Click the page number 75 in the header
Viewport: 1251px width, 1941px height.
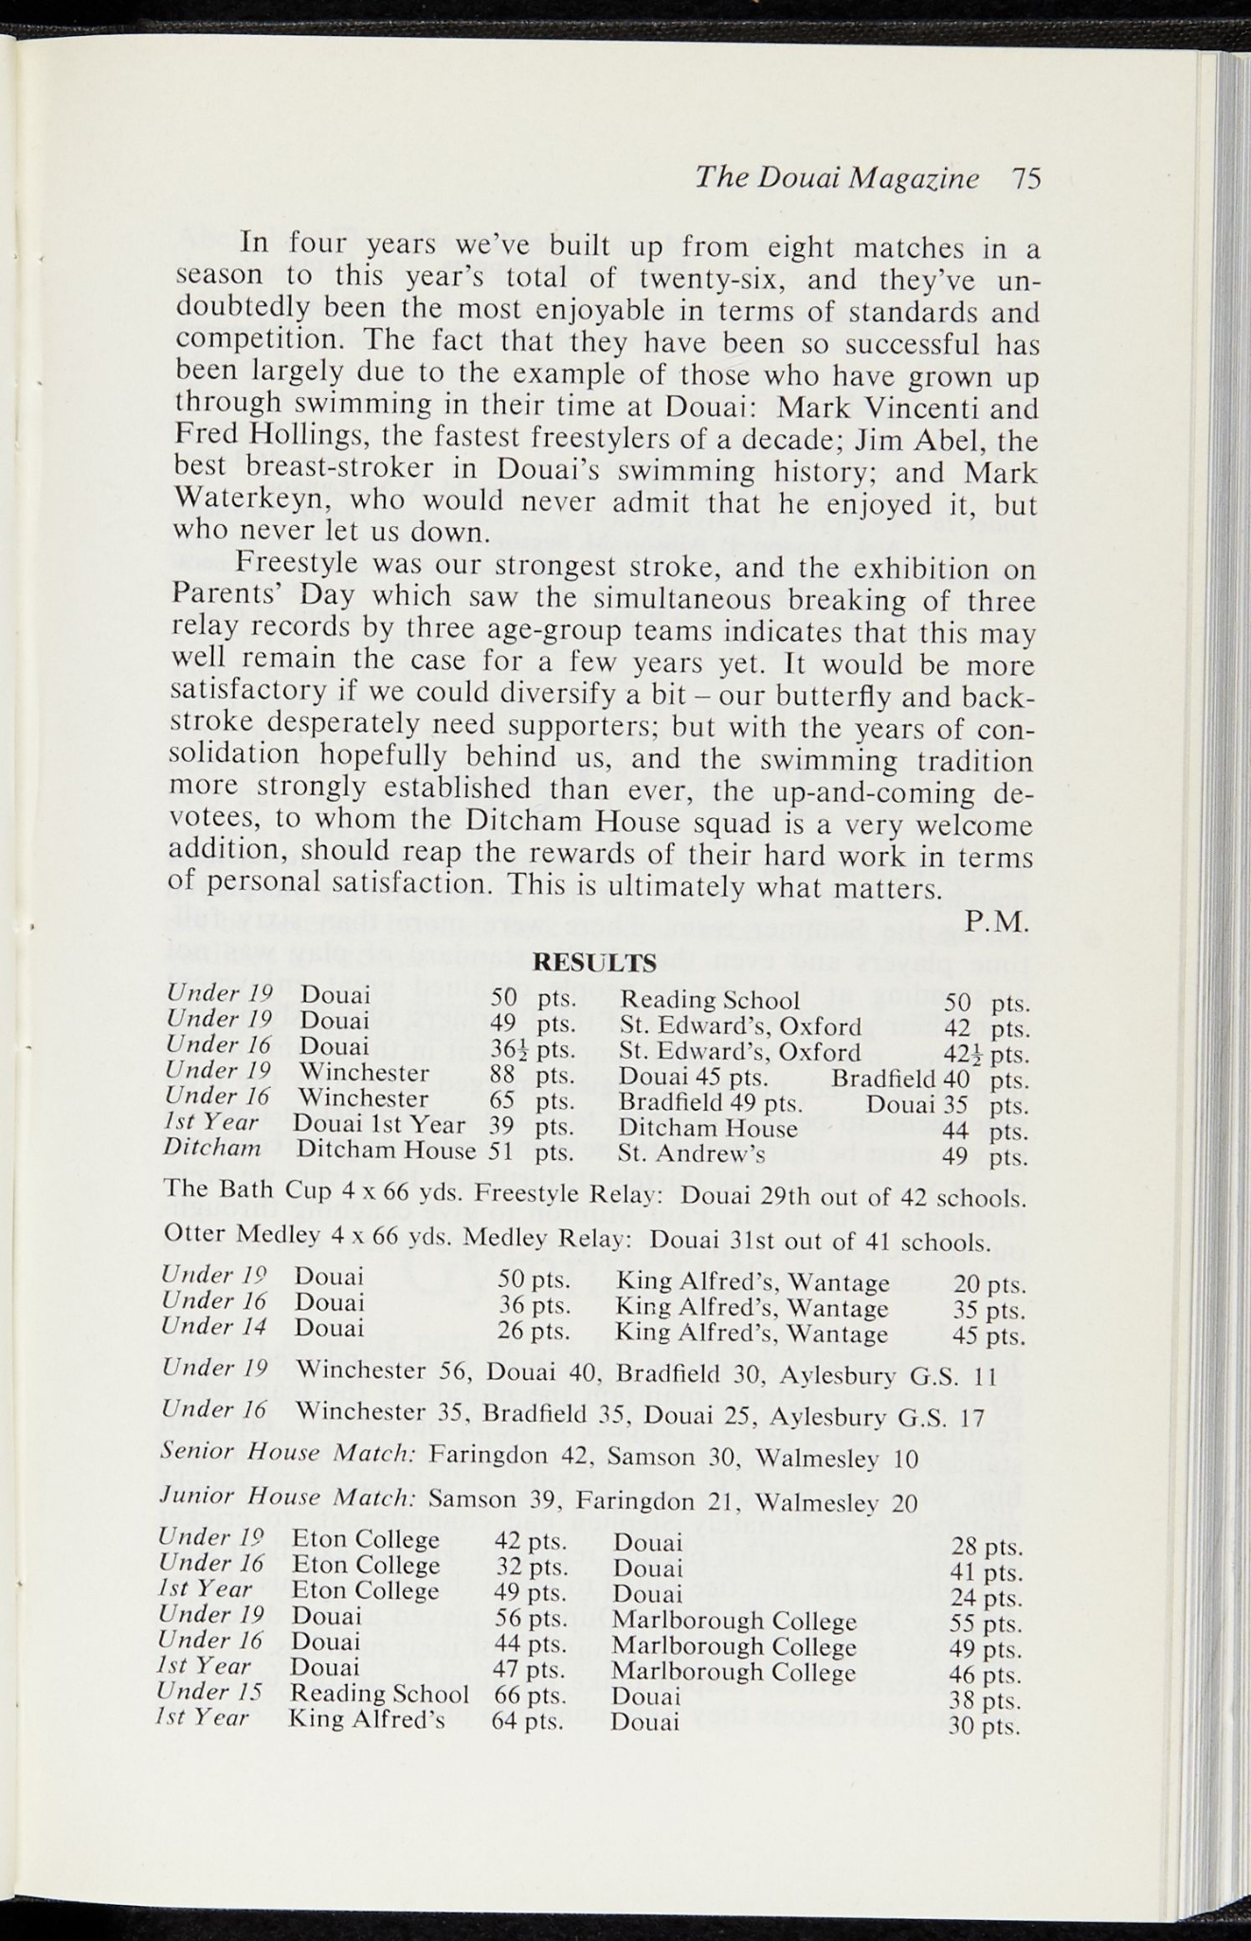tap(1025, 179)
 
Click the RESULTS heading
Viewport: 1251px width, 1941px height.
tap(595, 964)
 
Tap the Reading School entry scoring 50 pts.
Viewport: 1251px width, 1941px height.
tap(710, 1000)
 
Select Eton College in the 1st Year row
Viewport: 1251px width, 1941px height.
tap(365, 1589)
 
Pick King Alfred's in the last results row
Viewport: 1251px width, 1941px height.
tap(367, 1719)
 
